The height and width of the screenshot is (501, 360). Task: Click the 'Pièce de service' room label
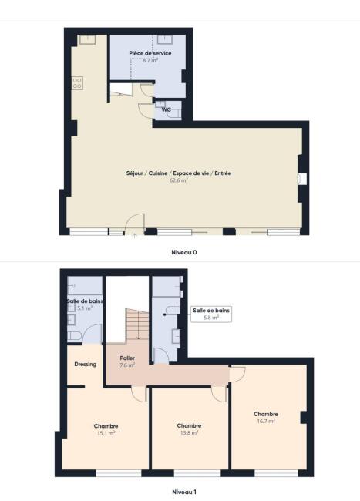[x=150, y=53]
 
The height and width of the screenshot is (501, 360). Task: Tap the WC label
[x=166, y=109]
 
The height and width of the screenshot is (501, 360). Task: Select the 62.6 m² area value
[x=178, y=180]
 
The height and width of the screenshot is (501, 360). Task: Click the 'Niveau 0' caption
[x=184, y=252]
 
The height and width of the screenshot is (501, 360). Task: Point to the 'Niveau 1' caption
[x=184, y=492]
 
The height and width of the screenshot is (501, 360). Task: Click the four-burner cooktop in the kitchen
[x=77, y=83]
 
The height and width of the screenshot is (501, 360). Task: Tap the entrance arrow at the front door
[x=134, y=236]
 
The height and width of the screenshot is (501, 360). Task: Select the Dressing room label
[x=86, y=365]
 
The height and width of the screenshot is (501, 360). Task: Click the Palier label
[x=127, y=358]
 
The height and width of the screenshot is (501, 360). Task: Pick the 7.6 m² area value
[x=127, y=365]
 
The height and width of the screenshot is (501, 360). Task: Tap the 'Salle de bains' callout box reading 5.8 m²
[x=211, y=314]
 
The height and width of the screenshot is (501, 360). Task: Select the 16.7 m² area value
[x=266, y=421]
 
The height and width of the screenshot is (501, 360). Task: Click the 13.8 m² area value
[x=189, y=432]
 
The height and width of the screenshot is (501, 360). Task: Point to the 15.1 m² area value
[x=106, y=433]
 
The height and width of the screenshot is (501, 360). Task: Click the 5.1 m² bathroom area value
[x=85, y=308]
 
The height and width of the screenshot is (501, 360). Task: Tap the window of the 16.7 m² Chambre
[x=276, y=473]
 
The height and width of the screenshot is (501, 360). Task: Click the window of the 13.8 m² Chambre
[x=197, y=473]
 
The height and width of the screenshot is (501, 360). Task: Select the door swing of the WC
[x=146, y=110]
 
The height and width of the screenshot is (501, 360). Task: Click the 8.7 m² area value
[x=150, y=60]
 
